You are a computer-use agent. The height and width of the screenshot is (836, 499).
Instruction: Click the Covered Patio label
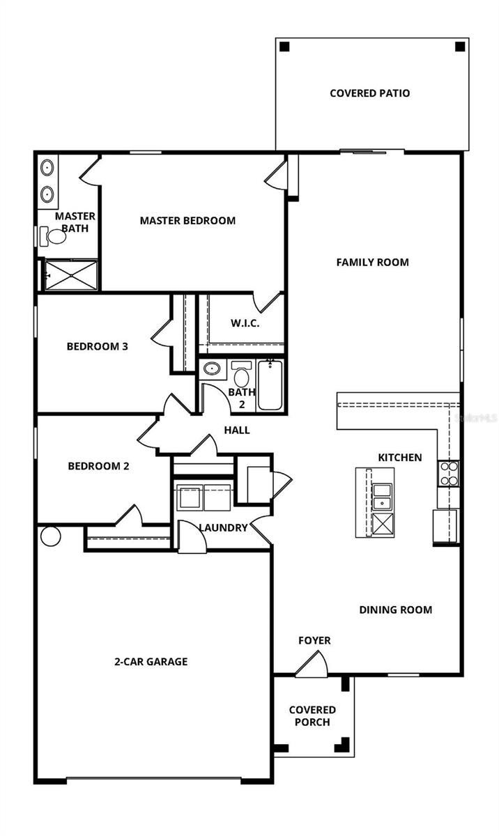click(369, 93)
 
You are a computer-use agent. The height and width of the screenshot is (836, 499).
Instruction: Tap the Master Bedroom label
click(187, 220)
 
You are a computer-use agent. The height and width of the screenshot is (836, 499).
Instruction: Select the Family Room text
click(372, 262)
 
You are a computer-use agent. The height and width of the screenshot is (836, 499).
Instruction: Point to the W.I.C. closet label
click(245, 323)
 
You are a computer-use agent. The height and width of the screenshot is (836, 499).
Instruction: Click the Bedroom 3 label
click(97, 346)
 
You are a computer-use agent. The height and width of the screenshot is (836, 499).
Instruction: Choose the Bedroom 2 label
click(98, 466)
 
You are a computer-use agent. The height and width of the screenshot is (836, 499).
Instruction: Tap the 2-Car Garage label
click(151, 661)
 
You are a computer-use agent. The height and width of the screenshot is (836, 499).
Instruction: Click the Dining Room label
click(395, 610)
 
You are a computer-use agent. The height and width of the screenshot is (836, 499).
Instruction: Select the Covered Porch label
click(312, 715)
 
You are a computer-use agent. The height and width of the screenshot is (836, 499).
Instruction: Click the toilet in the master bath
click(53, 236)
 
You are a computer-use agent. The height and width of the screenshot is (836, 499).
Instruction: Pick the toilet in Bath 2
click(242, 376)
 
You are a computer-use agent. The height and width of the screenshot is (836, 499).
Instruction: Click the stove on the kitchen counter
click(448, 473)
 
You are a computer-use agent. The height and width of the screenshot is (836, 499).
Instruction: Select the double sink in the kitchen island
click(382, 495)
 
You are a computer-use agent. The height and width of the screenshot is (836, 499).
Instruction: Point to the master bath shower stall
click(71, 274)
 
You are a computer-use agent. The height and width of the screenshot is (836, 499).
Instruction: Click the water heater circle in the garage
click(50, 536)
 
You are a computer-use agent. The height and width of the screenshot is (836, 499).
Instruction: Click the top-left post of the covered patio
click(284, 47)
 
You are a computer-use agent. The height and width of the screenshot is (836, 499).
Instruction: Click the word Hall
click(237, 430)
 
